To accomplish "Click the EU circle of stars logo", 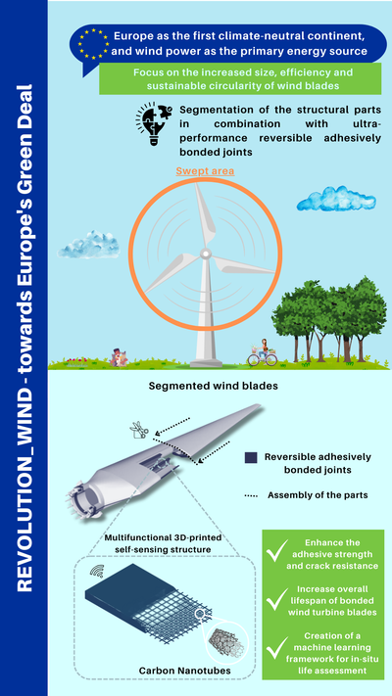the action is click(x=93, y=44).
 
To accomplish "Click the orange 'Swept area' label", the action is click(x=205, y=171).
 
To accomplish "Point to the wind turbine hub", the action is click(x=206, y=254).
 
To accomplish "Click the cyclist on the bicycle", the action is click(x=263, y=352).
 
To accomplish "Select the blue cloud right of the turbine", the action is click(x=336, y=199).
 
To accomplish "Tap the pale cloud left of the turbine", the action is click(x=89, y=244).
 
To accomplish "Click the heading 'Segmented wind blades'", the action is click(x=213, y=386).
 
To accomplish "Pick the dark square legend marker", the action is click(x=251, y=458).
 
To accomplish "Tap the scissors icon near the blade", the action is click(x=138, y=431).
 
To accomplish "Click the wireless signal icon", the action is click(x=97, y=571).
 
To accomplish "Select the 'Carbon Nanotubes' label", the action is click(x=185, y=671).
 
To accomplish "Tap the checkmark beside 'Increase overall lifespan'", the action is click(x=277, y=600).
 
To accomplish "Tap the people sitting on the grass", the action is click(x=119, y=357).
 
